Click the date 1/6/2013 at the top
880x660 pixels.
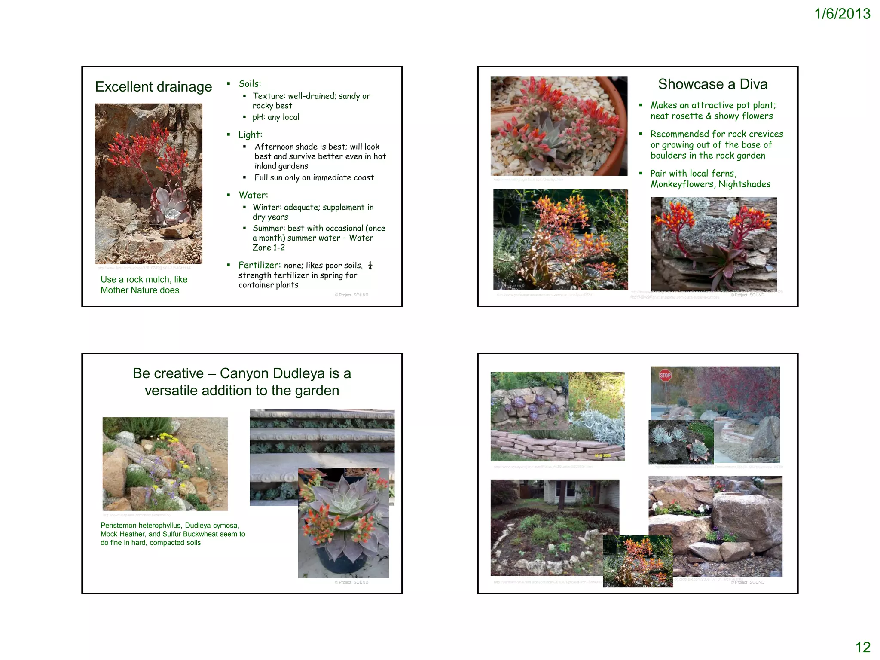click(842, 14)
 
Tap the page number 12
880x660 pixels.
click(862, 647)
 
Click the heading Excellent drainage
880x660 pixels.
click(153, 87)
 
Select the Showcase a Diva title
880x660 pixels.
click(712, 84)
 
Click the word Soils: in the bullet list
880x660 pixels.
click(250, 84)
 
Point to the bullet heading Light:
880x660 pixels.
click(250, 135)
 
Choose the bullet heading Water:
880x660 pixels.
click(253, 195)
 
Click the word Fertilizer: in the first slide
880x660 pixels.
click(260, 265)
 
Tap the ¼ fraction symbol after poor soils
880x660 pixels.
click(370, 265)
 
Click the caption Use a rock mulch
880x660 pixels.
click(144, 280)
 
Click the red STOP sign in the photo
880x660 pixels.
click(665, 375)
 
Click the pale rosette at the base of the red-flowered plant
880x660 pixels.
click(170, 208)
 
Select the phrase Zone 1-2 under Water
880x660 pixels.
click(269, 247)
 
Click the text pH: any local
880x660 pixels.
click(275, 117)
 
